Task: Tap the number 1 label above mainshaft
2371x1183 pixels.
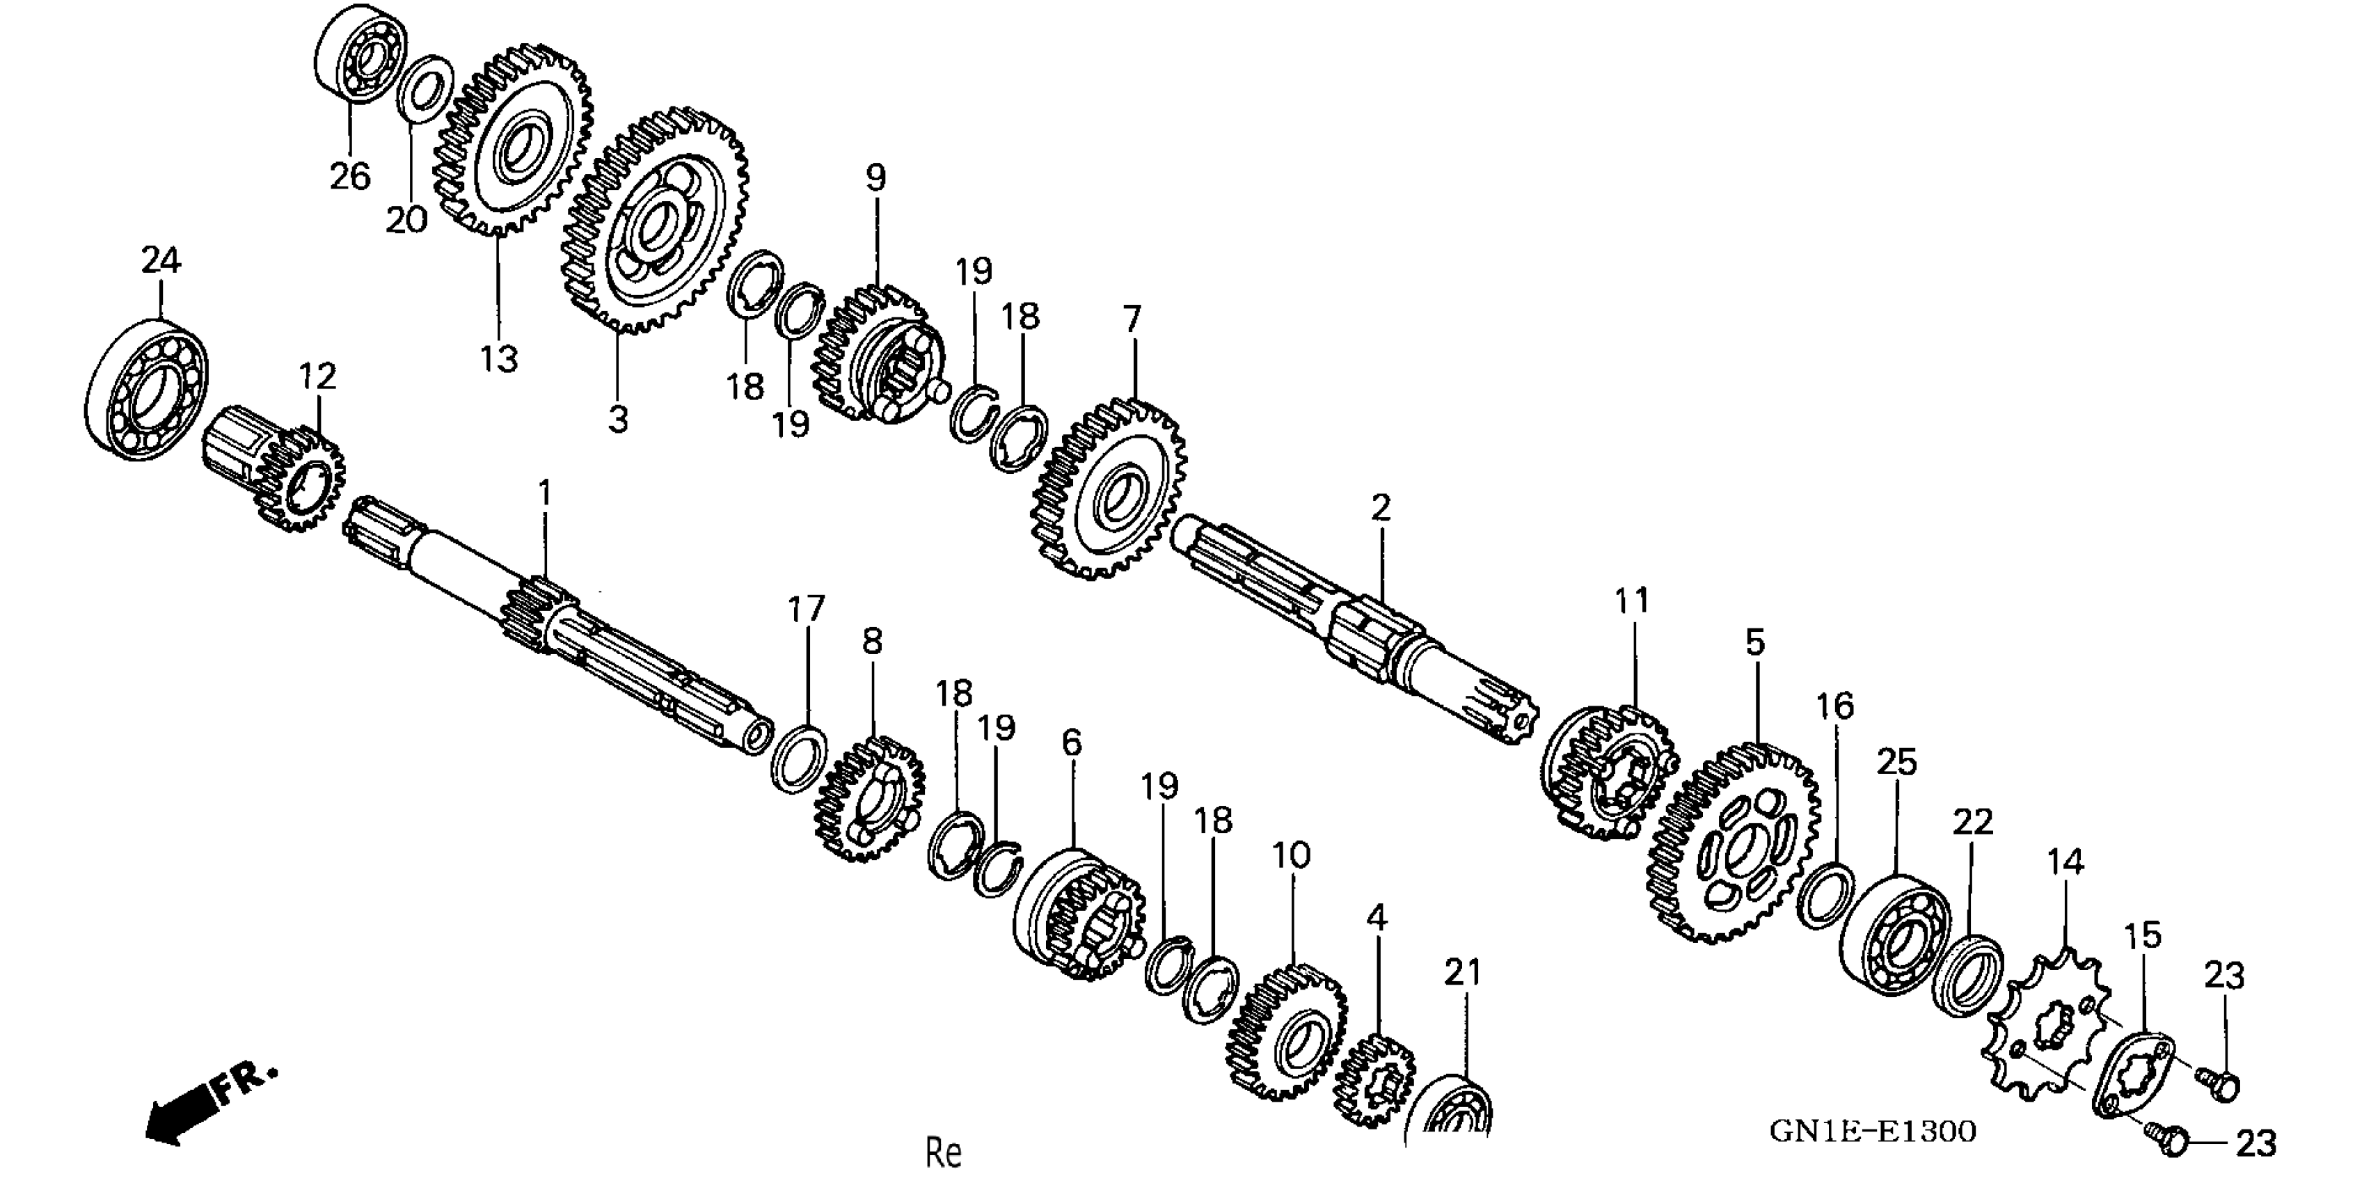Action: click(545, 493)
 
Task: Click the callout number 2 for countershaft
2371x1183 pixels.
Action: click(1381, 508)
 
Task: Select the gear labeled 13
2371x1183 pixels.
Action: click(514, 140)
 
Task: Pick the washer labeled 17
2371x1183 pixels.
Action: click(797, 756)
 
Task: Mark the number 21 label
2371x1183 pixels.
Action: click(1464, 973)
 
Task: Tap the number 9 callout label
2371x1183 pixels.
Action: click(875, 177)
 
